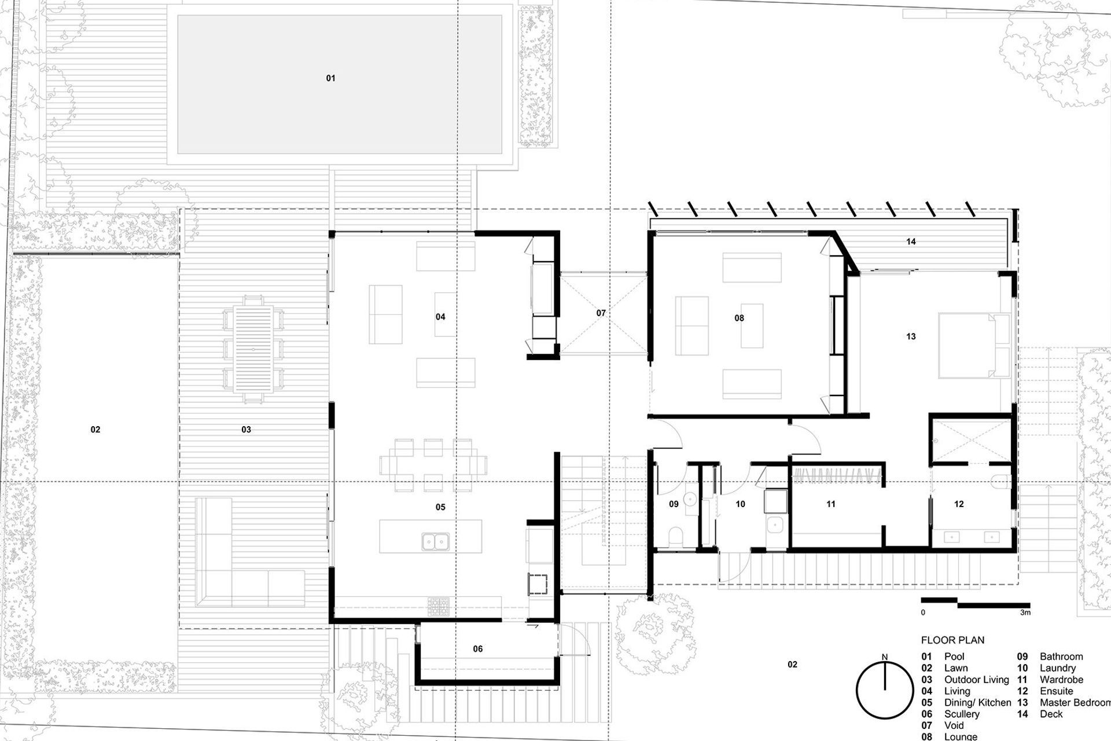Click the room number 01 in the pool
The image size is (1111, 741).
click(x=330, y=78)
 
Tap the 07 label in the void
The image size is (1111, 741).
click(x=601, y=313)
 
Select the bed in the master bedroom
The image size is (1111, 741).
click(x=972, y=346)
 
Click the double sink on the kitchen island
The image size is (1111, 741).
click(x=435, y=541)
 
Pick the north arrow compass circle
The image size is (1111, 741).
click(x=884, y=691)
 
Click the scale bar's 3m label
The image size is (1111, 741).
click(x=1025, y=612)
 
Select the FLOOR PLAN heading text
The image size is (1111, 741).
click(x=952, y=640)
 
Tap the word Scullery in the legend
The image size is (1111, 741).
click(x=962, y=714)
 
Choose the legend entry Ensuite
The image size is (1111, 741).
click(x=1056, y=691)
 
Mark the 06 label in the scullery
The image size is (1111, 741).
click(x=477, y=649)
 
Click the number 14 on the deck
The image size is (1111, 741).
click(x=911, y=241)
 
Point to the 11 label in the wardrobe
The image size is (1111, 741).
click(x=830, y=504)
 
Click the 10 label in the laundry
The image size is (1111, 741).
click(x=740, y=504)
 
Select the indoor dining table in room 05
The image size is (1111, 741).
click(x=433, y=465)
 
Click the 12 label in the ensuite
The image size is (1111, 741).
click(x=959, y=504)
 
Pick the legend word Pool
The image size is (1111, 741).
click(x=954, y=656)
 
